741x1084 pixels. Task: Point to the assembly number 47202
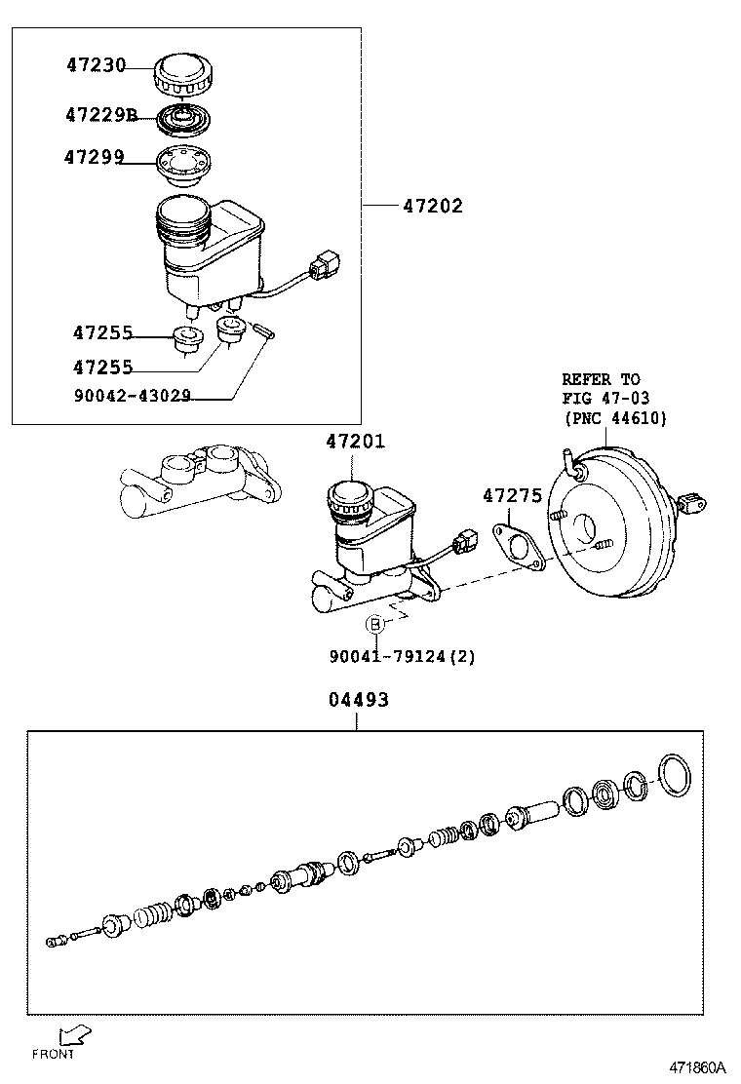click(433, 206)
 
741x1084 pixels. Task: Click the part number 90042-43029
click(132, 396)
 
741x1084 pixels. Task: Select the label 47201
click(355, 442)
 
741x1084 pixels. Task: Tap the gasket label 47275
click(512, 496)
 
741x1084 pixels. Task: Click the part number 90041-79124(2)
click(402, 656)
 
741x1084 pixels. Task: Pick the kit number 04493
click(356, 700)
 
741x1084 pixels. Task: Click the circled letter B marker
click(373, 625)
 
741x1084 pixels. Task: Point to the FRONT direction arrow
click(73, 1034)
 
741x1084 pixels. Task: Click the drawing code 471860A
click(697, 1067)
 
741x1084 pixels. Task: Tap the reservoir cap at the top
click(182, 72)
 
